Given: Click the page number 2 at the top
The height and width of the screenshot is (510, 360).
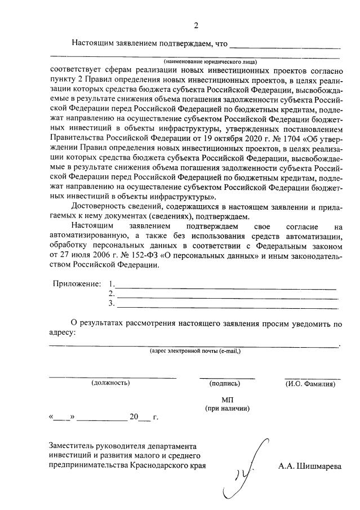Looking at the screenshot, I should [196, 25].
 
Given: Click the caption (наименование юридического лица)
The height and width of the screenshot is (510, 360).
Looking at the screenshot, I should [210, 61].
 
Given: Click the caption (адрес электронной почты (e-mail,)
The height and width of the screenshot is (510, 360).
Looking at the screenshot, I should [195, 351].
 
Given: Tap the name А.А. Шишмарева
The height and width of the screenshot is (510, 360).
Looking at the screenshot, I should [310, 466].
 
